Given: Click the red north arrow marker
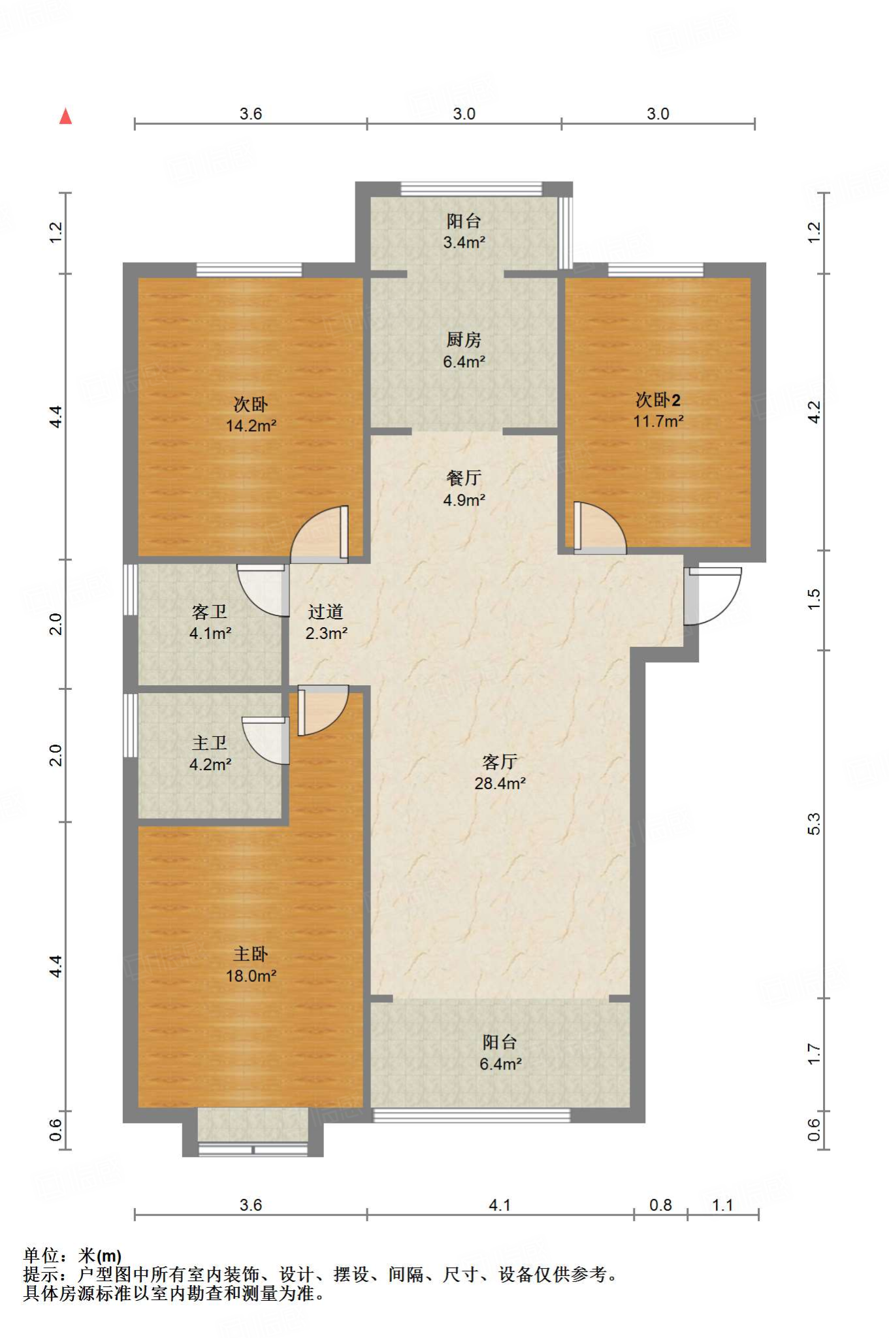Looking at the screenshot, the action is pyautogui.click(x=65, y=116).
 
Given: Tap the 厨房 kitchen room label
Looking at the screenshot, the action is pyautogui.click(x=464, y=340).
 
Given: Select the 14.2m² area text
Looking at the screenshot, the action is pyautogui.click(x=251, y=426).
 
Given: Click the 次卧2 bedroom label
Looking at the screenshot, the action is pyautogui.click(x=658, y=400).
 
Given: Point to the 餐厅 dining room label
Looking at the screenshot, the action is pyautogui.click(x=464, y=478).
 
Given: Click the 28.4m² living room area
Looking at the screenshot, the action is pyautogui.click(x=500, y=783).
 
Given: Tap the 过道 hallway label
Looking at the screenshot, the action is pyautogui.click(x=325, y=612).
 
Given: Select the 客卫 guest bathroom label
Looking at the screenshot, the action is pyautogui.click(x=210, y=612).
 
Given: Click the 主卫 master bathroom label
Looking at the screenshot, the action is pyautogui.click(x=210, y=743).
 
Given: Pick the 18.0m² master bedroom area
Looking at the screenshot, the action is pyautogui.click(x=251, y=976).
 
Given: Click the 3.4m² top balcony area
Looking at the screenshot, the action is pyautogui.click(x=464, y=242).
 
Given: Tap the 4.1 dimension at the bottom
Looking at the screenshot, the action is pyautogui.click(x=500, y=1205).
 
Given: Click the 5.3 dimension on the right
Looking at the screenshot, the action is pyautogui.click(x=814, y=824).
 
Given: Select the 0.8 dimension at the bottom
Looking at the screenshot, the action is pyautogui.click(x=660, y=1205).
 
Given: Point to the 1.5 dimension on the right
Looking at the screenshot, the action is pyautogui.click(x=814, y=599).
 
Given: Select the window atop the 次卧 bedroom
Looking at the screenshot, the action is pyautogui.click(x=249, y=270).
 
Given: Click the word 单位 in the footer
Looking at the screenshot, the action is pyautogui.click(x=41, y=1255).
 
